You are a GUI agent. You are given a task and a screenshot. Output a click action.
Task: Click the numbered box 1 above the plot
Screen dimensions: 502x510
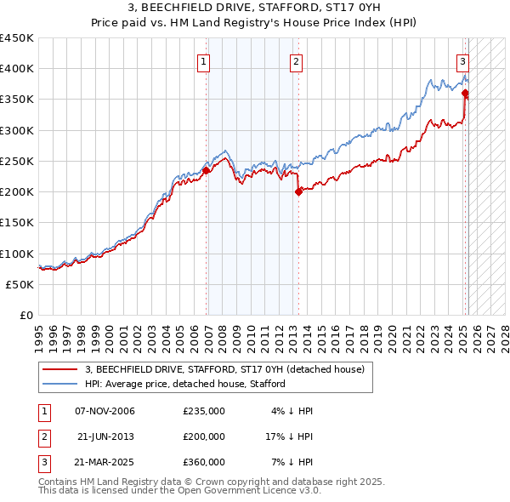pos(205,61)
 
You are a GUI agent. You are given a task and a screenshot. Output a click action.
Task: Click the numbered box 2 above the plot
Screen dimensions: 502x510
pos(296,61)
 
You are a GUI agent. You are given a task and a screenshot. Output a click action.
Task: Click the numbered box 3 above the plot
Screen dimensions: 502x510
pos(462,61)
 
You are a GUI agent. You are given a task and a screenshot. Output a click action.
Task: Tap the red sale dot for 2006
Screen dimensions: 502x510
pos(206,170)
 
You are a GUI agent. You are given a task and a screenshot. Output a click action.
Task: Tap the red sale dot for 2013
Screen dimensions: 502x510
pos(298,192)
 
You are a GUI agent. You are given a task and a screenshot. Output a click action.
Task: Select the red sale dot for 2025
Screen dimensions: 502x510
pos(465,94)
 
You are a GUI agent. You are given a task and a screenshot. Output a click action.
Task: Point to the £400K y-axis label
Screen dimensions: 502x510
pos(17,69)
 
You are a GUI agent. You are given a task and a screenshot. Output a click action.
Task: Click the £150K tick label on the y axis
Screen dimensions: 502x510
pos(17,223)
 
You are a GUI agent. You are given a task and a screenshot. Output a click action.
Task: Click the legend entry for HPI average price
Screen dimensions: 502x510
pos(184,385)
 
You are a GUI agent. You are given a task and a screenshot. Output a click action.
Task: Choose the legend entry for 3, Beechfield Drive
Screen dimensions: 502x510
pos(224,369)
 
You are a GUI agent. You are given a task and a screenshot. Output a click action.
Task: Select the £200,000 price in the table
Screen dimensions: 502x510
pos(204,436)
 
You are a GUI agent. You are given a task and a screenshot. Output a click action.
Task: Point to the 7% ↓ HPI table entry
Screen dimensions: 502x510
pos(293,462)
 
